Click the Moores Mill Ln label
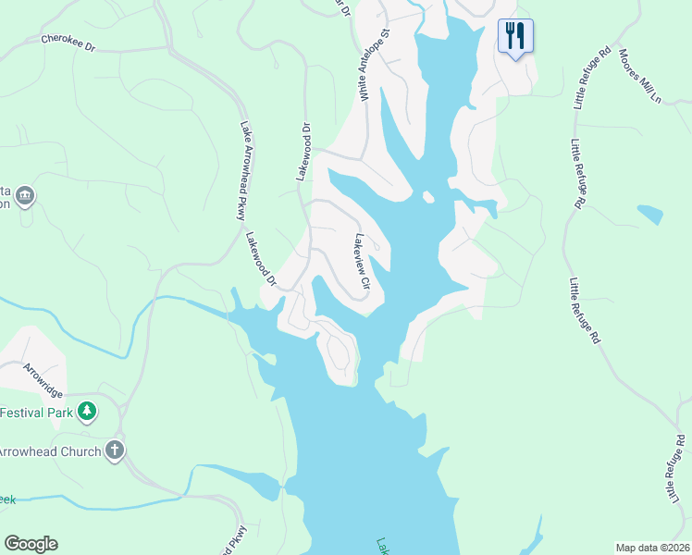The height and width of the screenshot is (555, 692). coord(639,76)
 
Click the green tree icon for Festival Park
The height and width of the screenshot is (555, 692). coord(87,410)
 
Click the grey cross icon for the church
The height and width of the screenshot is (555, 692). coord(115,450)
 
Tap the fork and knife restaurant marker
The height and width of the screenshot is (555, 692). coord(515,36)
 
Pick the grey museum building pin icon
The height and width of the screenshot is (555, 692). coord(25,196)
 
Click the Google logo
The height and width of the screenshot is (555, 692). coord(31,544)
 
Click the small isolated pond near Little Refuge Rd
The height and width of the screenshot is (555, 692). coord(650,215)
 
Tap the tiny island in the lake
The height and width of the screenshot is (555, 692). coord(427,197)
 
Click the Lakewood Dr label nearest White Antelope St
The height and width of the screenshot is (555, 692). coord(303,151)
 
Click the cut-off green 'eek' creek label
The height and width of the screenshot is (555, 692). coord(7,499)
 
